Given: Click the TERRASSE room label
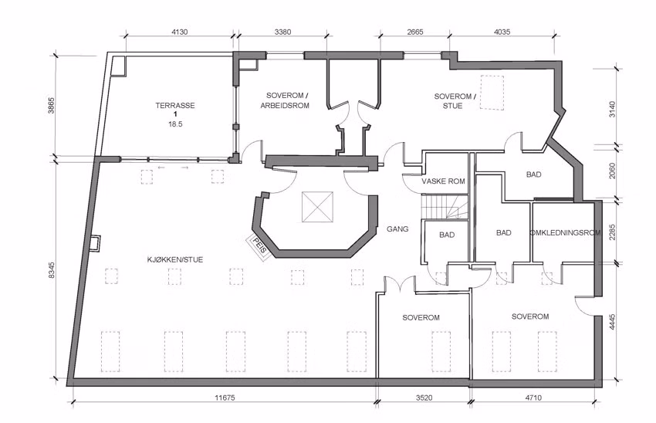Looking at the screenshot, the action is coord(175,106).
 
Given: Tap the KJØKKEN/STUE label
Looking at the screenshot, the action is coord(175,259).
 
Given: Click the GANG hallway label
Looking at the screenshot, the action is coord(397,228).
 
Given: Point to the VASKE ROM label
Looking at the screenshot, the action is coord(443,181).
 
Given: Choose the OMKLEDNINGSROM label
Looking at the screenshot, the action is coord(565,232).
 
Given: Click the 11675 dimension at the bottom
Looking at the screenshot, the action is coord(225,398).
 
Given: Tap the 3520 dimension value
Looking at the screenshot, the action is coord(424,398).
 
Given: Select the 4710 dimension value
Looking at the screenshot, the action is coord(533,398).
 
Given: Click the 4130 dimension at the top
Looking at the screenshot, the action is coord(180,32).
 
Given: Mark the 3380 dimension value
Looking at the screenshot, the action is coord(282,32).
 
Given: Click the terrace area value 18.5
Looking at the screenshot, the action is coord(175,124).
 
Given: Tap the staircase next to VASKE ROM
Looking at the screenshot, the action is coord(445,206).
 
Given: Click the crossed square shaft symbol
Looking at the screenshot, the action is coord(317,207).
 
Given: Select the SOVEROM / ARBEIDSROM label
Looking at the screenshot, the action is coord(285,100).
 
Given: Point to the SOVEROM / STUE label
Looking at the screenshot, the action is coord(455,101).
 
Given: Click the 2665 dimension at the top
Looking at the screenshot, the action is coord(414,32).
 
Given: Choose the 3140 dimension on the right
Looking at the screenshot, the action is coord(613,110).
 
